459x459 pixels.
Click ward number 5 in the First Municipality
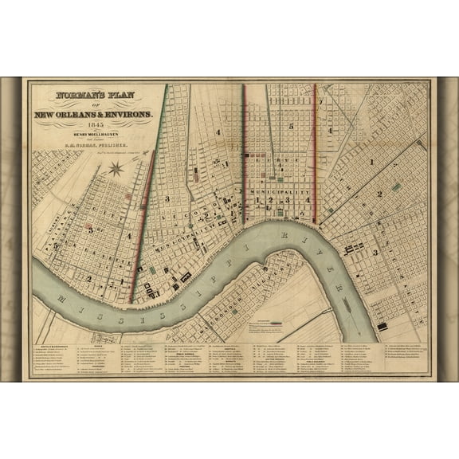coord(292,126)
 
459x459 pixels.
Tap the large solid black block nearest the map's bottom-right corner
coord(382,327)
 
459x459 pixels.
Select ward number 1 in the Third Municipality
coord(372,162)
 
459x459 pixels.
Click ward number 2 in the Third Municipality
coord(380,194)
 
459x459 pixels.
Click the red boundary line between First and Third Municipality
coord(315,151)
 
